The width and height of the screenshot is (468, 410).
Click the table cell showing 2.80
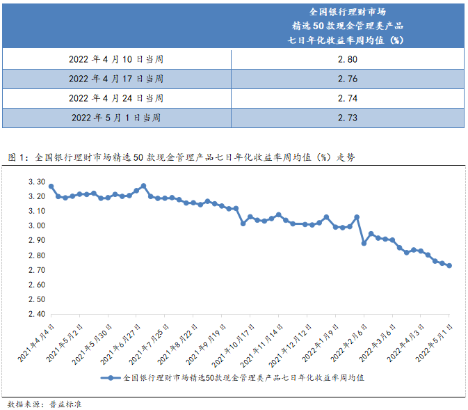347,59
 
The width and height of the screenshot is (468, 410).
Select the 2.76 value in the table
347,79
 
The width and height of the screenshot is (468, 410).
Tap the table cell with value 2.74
347,98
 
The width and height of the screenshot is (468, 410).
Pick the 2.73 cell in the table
347,118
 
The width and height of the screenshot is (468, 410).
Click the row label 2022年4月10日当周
116,59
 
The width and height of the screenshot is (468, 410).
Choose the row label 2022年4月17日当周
116,79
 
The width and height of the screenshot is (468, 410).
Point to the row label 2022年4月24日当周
116,98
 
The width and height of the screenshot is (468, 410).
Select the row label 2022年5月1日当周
116,118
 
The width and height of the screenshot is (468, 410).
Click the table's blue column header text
347,26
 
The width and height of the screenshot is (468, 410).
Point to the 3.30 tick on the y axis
36,182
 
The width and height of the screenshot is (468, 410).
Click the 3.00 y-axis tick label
36,226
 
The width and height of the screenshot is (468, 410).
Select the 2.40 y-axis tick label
36,314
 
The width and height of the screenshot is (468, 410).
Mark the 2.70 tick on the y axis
36,270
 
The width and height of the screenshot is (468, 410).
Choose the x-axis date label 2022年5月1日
435,340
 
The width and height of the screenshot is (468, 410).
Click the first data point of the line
51,187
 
